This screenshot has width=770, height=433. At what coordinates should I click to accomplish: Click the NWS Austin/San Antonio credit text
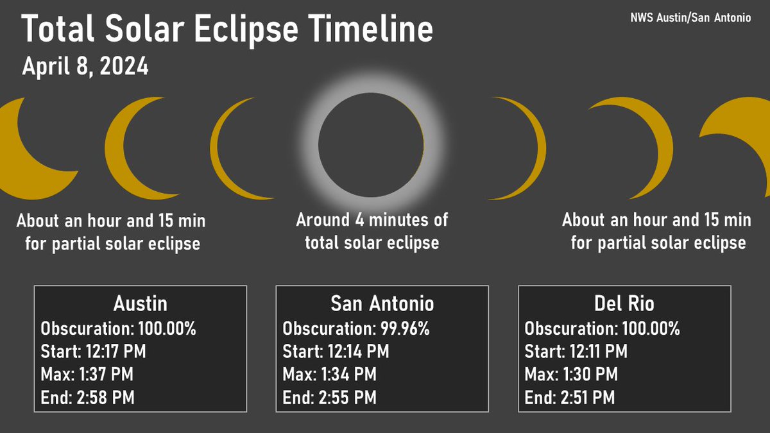coord(690,18)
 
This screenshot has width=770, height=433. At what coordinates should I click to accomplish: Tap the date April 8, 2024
coord(85,67)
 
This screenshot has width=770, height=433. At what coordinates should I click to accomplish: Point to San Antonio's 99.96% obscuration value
coord(402,328)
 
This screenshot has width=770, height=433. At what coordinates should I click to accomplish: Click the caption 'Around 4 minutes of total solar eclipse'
coord(372,231)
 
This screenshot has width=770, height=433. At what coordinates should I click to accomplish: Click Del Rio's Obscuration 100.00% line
coord(602,328)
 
